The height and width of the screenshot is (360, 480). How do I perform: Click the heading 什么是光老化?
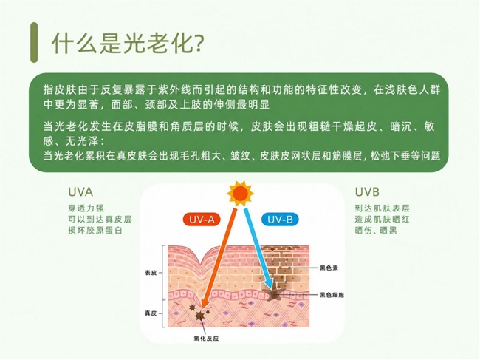click(x=127, y=42)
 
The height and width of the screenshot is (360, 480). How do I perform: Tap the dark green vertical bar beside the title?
click(x=34, y=42)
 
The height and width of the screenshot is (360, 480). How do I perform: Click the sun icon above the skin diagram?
click(x=240, y=194)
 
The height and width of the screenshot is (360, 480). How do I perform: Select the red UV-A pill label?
click(x=202, y=220)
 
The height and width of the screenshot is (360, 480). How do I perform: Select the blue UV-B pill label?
click(x=280, y=220)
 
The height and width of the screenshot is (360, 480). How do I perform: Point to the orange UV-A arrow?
click(x=219, y=258)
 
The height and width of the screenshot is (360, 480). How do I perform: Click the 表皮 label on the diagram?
click(x=151, y=272)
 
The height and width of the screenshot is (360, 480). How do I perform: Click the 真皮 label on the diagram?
click(x=151, y=313)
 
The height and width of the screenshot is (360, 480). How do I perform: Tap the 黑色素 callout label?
click(x=329, y=268)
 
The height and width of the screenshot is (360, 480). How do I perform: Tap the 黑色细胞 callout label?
click(x=332, y=295)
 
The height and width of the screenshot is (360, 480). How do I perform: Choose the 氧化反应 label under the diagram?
click(x=206, y=339)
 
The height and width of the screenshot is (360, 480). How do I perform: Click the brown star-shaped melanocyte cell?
click(x=273, y=294)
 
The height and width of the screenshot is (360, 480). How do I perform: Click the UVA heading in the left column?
click(x=80, y=192)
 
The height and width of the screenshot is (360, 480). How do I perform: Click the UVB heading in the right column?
click(x=367, y=192)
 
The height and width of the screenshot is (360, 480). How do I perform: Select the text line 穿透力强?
click(x=86, y=208)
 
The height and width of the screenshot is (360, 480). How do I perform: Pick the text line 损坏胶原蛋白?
click(x=95, y=231)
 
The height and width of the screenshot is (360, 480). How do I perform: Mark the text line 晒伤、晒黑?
click(x=376, y=231)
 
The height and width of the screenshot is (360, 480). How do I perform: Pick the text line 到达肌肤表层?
click(x=382, y=208)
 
